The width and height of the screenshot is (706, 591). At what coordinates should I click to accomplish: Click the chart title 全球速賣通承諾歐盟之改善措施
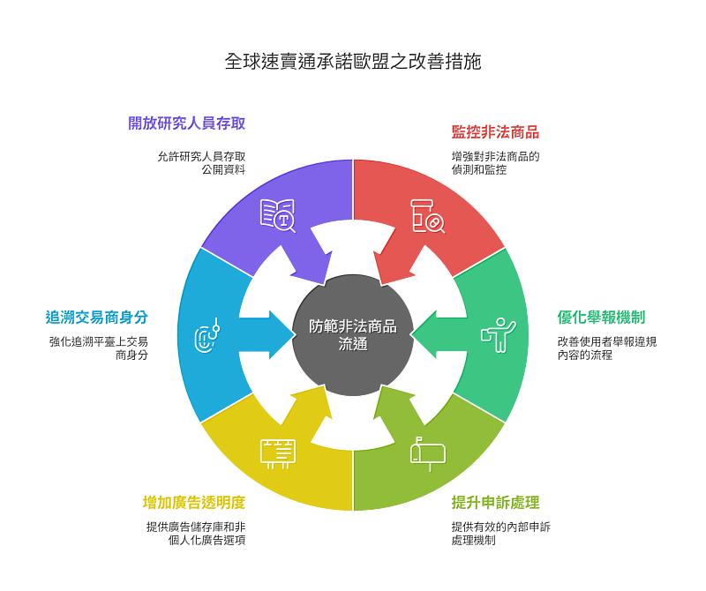pyautogui.click(x=353, y=63)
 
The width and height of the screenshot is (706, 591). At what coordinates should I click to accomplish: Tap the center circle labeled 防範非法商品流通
pyautogui.click(x=353, y=335)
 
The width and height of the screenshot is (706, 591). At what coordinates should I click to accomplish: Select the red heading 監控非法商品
pyautogui.click(x=495, y=132)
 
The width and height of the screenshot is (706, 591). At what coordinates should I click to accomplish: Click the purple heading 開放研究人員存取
pyautogui.click(x=186, y=123)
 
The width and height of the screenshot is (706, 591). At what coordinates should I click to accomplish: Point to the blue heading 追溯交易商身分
pyautogui.click(x=96, y=318)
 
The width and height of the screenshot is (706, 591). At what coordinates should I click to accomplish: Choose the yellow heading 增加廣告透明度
pyautogui.click(x=193, y=503)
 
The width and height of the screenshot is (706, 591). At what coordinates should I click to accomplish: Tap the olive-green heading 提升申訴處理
pyautogui.click(x=495, y=503)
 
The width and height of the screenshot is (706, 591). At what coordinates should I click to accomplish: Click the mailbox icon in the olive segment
pyautogui.click(x=428, y=453)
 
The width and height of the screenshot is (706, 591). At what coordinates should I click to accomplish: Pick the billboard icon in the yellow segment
pyautogui.click(x=277, y=452)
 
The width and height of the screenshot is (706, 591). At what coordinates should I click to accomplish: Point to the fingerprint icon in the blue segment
pyautogui.click(x=210, y=335)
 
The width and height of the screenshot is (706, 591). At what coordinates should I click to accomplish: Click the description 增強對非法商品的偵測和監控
pyautogui.click(x=494, y=162)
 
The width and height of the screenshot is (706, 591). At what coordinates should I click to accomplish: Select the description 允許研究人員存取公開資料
pyautogui.click(x=201, y=162)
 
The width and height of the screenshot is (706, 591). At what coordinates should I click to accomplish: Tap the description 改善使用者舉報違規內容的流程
pyautogui.click(x=606, y=348)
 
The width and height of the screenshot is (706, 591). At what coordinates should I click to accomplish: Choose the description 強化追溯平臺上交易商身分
pyautogui.click(x=98, y=348)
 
